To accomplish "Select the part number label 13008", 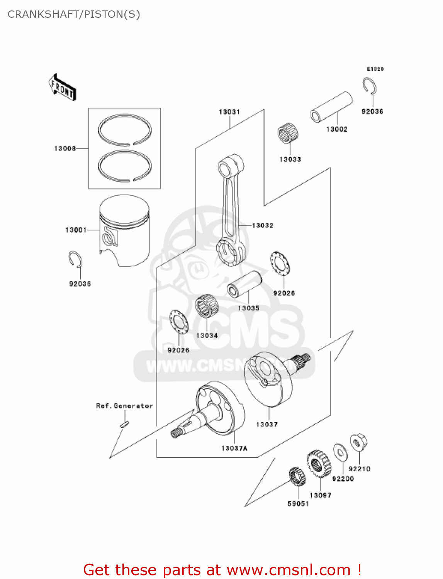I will tap(65, 149).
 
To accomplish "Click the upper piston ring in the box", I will tap(124, 130).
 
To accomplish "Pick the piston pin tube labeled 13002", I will tap(332, 107).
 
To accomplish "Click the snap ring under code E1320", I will tap(370, 86).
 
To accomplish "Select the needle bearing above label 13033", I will tap(289, 133).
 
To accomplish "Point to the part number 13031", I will tap(229, 112).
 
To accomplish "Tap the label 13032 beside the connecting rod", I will tap(263, 225).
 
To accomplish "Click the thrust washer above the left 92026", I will tap(179, 321).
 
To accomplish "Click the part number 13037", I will tap(267, 424).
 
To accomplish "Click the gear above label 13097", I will tap(319, 464).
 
